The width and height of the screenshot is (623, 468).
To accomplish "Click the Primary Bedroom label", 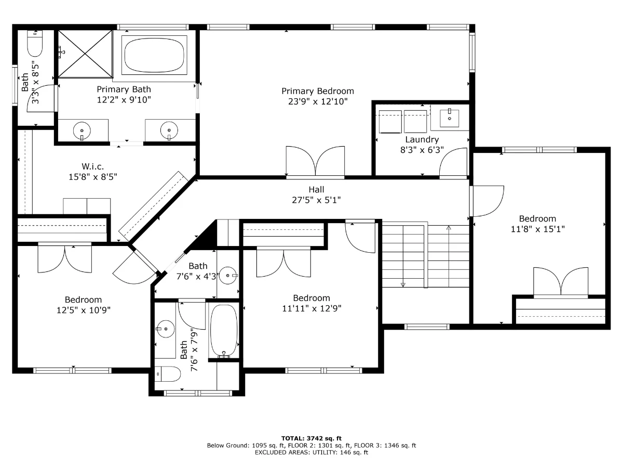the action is (x=318, y=91).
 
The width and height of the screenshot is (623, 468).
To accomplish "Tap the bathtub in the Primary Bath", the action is (x=154, y=55).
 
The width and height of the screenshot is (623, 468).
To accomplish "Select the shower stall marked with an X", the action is (x=85, y=54).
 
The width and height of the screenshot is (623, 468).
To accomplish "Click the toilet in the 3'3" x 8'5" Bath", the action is (x=35, y=44).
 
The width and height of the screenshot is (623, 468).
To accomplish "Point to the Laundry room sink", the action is (x=449, y=118).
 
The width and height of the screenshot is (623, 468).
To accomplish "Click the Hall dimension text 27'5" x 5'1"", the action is (x=316, y=200).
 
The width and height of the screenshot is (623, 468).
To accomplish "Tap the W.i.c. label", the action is (x=92, y=166).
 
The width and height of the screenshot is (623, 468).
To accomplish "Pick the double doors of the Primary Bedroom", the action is (x=315, y=161).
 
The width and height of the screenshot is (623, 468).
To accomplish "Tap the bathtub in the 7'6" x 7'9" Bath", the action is (x=224, y=331).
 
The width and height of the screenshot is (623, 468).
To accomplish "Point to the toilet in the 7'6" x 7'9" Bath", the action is (x=168, y=374).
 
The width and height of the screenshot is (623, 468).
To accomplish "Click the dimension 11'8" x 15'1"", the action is (x=537, y=229).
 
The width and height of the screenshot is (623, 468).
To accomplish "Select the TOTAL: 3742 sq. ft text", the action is (x=311, y=438).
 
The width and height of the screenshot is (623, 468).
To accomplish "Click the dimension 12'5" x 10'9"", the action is (x=84, y=310).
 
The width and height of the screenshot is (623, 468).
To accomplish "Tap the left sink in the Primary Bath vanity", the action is (x=82, y=131).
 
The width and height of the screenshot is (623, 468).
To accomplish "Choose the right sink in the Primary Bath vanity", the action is (x=169, y=131).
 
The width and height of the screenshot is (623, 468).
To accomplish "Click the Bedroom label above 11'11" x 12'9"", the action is (x=311, y=298).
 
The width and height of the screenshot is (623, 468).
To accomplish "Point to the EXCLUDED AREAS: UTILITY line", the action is (x=311, y=452).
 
